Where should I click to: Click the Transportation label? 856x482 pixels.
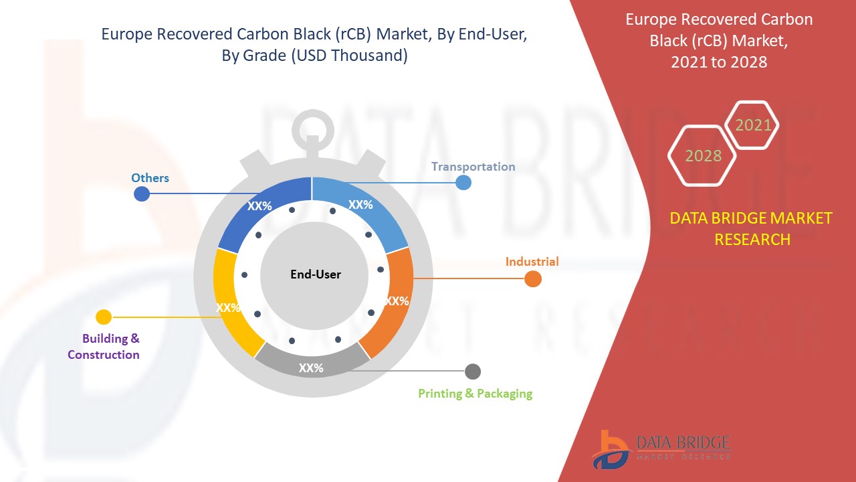(473, 167)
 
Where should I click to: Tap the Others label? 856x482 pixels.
(150, 178)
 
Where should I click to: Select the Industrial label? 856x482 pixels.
(532, 262)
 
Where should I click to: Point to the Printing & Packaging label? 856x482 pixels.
(475, 393)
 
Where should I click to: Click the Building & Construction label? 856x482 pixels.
(104, 347)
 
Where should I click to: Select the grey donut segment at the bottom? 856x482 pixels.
(312, 361)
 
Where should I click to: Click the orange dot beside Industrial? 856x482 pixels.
(533, 278)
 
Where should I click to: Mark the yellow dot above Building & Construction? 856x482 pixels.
(104, 317)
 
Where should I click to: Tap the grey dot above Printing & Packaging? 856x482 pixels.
(473, 372)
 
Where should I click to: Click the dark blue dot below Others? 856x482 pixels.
(142, 193)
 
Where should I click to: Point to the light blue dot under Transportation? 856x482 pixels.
(463, 183)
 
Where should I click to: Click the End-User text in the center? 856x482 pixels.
(316, 274)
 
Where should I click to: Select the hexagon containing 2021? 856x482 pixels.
(752, 125)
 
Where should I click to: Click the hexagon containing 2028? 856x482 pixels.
(702, 156)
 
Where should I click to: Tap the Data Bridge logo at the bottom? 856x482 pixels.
(661, 450)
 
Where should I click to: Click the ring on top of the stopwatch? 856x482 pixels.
(312, 114)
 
